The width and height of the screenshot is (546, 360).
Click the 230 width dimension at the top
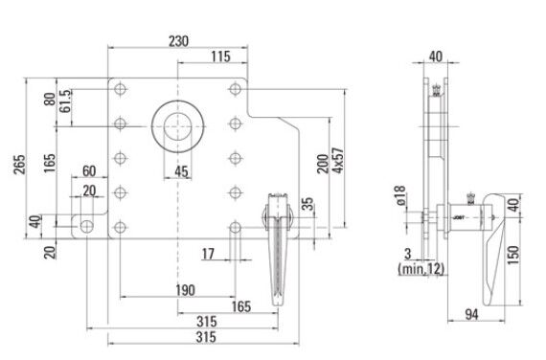point(178,41)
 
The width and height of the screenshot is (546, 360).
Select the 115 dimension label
point(220,56)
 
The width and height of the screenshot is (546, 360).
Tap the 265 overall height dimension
point(19,164)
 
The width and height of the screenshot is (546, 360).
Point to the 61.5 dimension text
point(65,101)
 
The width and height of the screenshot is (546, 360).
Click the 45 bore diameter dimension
point(181,171)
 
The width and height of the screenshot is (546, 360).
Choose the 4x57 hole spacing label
point(338,161)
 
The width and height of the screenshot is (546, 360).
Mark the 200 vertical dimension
point(323,164)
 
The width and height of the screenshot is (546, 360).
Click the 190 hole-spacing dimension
point(185,290)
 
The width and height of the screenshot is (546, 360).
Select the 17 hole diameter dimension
point(208,254)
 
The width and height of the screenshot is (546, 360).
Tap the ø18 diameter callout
point(400,195)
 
